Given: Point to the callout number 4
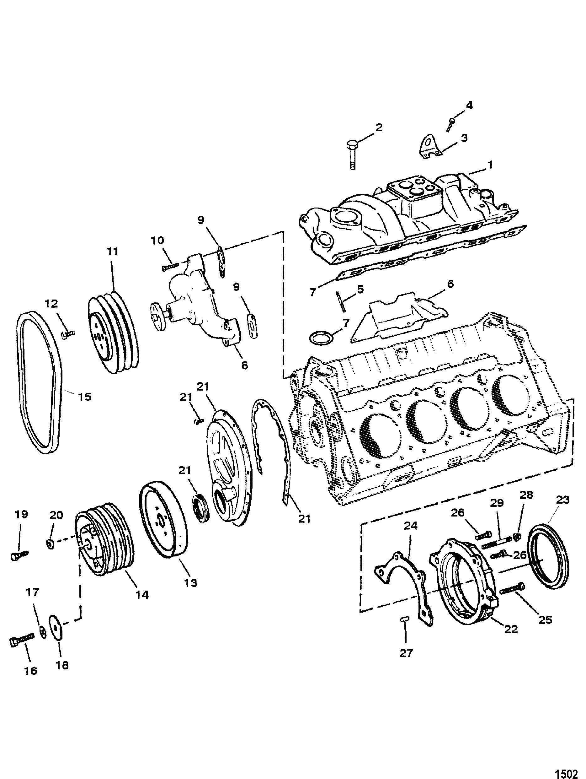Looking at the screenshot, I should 469,105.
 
